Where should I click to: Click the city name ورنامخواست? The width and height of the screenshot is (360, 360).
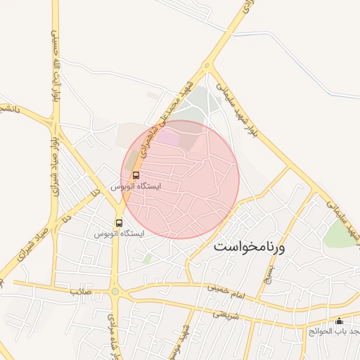(250, 247)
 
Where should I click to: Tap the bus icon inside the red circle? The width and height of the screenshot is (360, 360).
(136, 174)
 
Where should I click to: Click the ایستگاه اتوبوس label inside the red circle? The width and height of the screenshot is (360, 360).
(136, 187)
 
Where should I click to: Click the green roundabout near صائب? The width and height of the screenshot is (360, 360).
(115, 291)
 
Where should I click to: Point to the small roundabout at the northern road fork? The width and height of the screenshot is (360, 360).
(207, 66)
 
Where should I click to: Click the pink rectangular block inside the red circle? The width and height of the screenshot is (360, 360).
(168, 137)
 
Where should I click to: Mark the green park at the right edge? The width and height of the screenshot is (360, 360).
(339, 236)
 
